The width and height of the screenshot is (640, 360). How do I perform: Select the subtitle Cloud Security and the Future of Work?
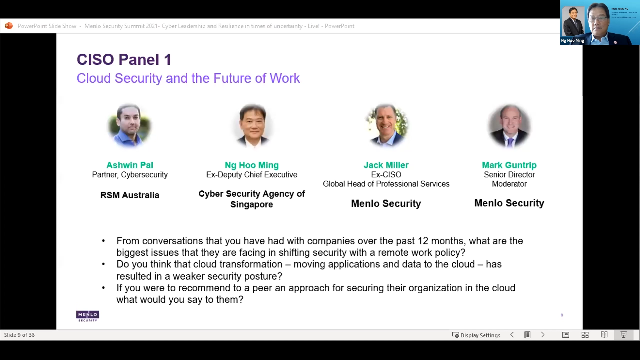point(188,78)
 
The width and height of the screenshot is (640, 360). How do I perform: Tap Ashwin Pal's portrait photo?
point(129,127)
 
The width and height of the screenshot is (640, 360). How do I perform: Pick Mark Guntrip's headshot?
point(509,127)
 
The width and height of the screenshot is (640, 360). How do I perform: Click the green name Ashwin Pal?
point(129,164)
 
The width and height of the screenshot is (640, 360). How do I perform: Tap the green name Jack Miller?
point(385,164)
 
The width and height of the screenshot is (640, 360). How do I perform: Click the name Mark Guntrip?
point(509,164)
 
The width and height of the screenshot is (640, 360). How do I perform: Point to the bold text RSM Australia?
point(129,195)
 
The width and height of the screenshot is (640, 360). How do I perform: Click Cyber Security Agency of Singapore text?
point(251,199)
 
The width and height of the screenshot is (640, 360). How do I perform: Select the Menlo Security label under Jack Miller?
point(385,204)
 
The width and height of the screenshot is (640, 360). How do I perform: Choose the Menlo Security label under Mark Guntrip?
point(509,203)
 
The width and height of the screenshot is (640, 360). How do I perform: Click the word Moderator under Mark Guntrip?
point(509,184)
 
